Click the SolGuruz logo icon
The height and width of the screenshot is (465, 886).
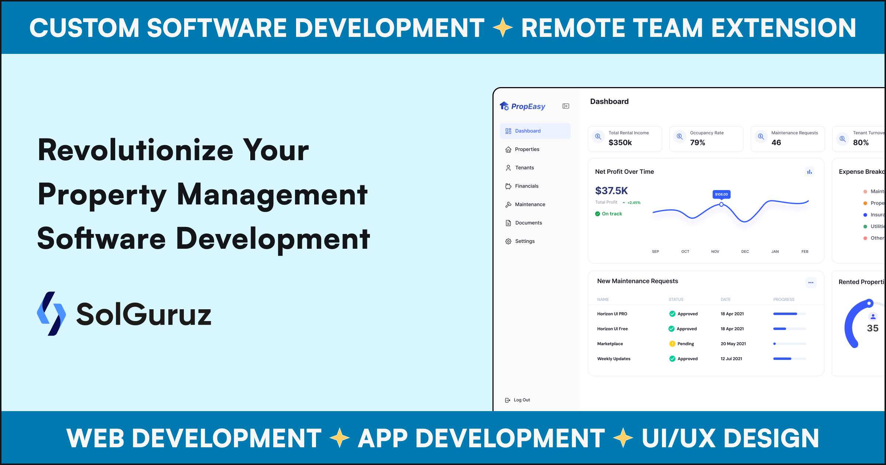pos(51,314)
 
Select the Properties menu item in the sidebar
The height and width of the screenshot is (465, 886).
pos(527,149)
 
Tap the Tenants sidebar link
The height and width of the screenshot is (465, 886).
pos(524,168)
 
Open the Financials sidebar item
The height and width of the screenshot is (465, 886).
pos(526,186)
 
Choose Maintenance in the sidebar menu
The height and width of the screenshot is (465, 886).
pos(530,204)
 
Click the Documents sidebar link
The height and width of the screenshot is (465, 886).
pos(528,223)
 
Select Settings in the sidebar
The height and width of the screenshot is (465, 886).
pos(525,241)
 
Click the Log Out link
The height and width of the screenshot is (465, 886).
pos(521,400)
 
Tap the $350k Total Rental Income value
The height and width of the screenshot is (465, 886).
pos(620,142)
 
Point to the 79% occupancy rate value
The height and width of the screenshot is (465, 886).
pos(697,142)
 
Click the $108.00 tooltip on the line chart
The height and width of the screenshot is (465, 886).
pos(721,194)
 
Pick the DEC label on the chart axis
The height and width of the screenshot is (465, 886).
pos(745,252)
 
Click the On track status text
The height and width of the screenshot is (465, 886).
pos(612,214)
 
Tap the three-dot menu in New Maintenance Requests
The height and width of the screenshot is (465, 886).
pos(811,283)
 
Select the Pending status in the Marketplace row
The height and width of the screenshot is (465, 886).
pos(686,344)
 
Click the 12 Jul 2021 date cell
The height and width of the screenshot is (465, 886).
pos(731,359)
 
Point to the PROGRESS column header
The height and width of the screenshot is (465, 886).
pos(784,300)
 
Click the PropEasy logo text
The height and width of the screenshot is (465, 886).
pos(528,107)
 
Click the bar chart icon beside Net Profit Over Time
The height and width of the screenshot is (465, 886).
pos(809,172)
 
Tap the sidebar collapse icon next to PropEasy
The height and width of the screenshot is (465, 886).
pos(566,106)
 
